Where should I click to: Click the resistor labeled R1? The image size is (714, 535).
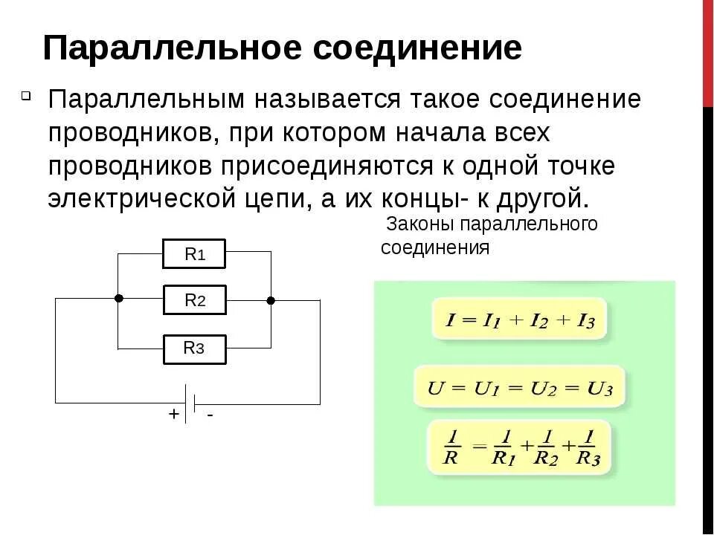point(194,255)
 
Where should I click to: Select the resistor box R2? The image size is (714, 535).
point(194,300)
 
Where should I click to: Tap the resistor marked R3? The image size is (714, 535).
point(194,348)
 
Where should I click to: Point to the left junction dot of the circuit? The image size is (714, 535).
point(118,298)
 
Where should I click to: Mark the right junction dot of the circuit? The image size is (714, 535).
point(271,300)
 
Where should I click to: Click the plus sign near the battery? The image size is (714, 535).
point(173,415)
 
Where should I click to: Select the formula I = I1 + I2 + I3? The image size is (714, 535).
point(519,320)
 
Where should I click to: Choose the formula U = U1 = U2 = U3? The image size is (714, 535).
point(520,387)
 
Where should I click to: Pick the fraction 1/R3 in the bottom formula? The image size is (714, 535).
point(588,447)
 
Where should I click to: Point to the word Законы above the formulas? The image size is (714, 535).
point(421,224)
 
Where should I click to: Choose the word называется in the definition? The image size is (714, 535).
point(320,100)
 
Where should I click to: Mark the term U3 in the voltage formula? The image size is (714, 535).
point(599,388)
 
